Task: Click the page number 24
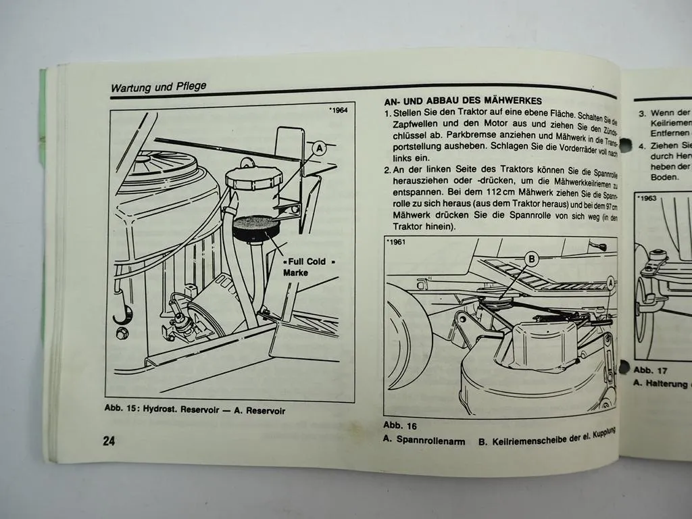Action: [x=109, y=441]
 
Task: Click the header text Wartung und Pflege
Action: [x=158, y=86]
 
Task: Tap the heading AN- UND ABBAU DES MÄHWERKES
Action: [x=458, y=100]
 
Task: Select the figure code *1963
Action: [x=647, y=199]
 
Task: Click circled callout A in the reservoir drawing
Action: [x=320, y=148]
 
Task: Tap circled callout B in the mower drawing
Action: [x=531, y=258]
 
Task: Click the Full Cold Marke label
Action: [x=305, y=266]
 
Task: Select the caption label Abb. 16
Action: [x=400, y=425]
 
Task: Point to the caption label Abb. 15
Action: [x=122, y=410]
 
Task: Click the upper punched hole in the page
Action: [x=625, y=145]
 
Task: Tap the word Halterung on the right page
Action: [x=667, y=384]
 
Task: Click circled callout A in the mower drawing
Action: [x=611, y=282]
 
